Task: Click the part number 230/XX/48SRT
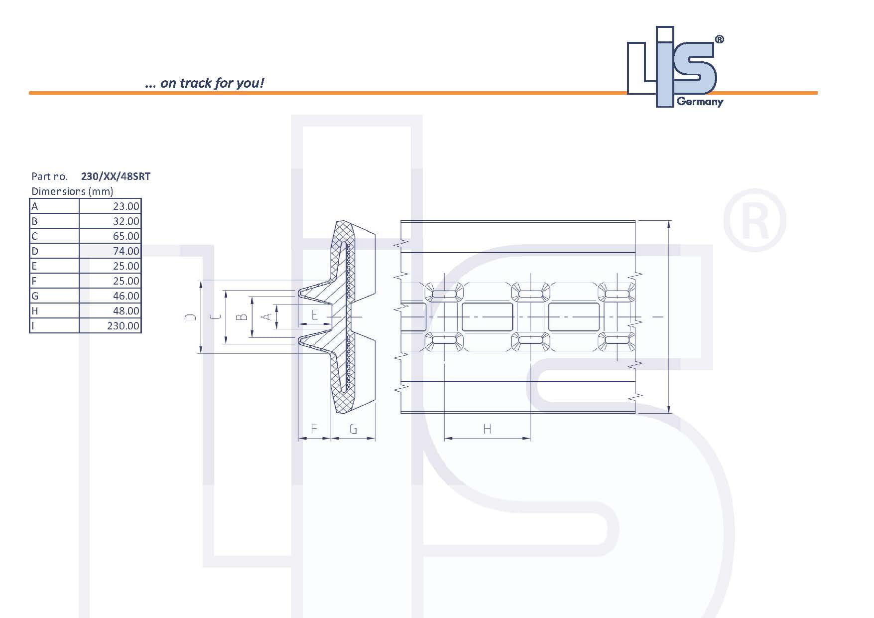(116, 176)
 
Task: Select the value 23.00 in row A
(126, 206)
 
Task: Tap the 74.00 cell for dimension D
(126, 251)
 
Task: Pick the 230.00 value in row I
(123, 325)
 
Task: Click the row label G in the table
(35, 296)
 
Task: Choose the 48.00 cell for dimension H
(126, 310)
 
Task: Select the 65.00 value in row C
(126, 236)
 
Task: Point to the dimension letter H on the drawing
(487, 429)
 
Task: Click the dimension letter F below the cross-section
(314, 429)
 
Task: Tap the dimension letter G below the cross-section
(353, 429)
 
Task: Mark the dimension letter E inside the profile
(314, 315)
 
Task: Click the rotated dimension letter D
(191, 317)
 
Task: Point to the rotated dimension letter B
(242, 317)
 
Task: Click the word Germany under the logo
(700, 102)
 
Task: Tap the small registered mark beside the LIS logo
(719, 40)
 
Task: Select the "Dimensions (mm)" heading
(72, 191)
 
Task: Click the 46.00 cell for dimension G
(126, 296)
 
